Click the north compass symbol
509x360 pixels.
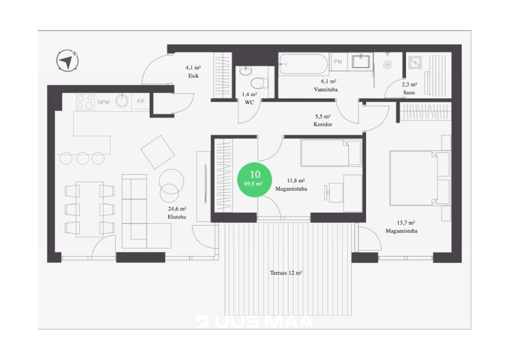coord(67,60)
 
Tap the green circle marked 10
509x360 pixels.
coord(254,180)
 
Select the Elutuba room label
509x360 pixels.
coord(177,217)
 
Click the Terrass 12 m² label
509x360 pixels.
coord(286,273)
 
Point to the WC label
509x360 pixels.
coord(249,102)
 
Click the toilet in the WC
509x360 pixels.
coord(259,83)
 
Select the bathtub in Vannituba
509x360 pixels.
coord(303,64)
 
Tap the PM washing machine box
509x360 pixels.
coord(338,62)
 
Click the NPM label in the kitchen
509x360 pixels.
coord(103,102)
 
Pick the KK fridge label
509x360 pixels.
coord(141,101)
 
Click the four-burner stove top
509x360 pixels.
coord(85,102)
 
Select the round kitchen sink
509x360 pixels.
coord(122,101)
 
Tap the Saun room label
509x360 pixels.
coord(409,93)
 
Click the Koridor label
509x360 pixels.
coord(323,124)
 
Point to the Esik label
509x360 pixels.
coord(193,76)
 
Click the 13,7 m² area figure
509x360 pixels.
coord(406,223)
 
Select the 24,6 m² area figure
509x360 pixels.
coord(177,209)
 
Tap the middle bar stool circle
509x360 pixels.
coord(83,158)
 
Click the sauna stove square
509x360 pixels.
coord(415,63)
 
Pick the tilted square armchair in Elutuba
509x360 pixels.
coord(158,152)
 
